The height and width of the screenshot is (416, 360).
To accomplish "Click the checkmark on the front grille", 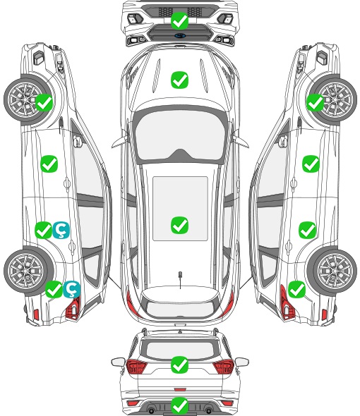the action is pyautogui.click(x=179, y=20).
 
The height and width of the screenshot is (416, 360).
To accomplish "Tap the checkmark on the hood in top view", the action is pyautogui.click(x=179, y=80).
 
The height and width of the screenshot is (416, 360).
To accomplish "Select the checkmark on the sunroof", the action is pyautogui.click(x=179, y=225).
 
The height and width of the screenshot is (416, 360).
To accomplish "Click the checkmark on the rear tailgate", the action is pyautogui.click(x=179, y=365).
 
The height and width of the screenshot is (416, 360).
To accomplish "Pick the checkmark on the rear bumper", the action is pyautogui.click(x=179, y=405).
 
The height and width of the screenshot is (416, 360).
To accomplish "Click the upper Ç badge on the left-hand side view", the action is pyautogui.click(x=61, y=230).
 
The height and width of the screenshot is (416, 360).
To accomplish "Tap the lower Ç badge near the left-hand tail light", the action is pyautogui.click(x=71, y=289).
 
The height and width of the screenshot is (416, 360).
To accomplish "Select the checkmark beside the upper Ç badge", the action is pyautogui.click(x=43, y=230).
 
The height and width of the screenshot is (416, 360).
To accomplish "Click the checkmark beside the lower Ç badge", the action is pyautogui.click(x=54, y=289).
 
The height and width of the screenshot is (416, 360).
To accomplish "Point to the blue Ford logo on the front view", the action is pyautogui.click(x=180, y=35).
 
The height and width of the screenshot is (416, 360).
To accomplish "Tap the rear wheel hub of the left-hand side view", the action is pyautogui.click(x=26, y=271).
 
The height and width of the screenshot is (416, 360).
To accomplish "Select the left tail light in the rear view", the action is pyautogui.click(x=136, y=367).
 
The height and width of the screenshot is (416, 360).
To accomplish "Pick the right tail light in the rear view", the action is pyautogui.click(x=224, y=367).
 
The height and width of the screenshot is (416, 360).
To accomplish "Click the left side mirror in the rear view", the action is pyautogui.click(x=118, y=362).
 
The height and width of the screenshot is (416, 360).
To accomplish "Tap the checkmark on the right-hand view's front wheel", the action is pyautogui.click(x=315, y=103).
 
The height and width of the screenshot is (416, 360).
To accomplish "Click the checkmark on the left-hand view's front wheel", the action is pyautogui.click(x=44, y=103).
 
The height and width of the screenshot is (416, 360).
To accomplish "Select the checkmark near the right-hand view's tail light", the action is pyautogui.click(x=296, y=289).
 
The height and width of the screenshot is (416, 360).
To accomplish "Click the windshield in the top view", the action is pyautogui.click(x=180, y=134).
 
